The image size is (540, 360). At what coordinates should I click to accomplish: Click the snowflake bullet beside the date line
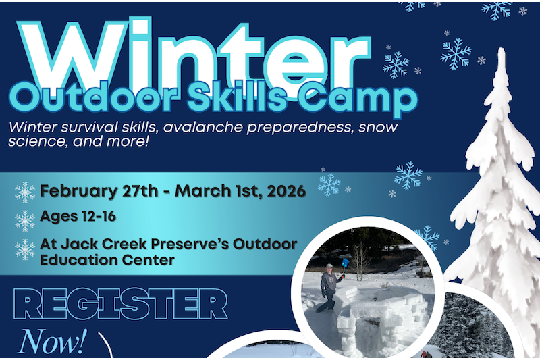[x=25, y=192]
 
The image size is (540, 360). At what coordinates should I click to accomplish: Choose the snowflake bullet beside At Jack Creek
[x=25, y=249]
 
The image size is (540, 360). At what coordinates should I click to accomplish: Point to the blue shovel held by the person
[x=346, y=261]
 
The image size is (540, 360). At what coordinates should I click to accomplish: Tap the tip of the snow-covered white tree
[x=502, y=52]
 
